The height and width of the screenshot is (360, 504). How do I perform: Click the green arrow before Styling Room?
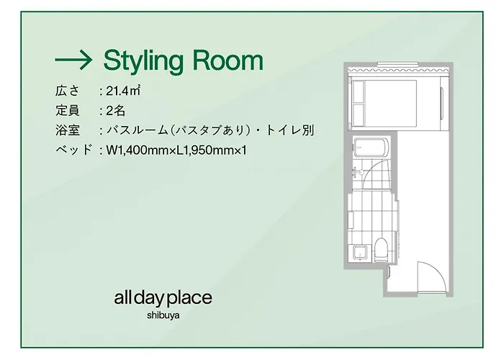coord(73,60)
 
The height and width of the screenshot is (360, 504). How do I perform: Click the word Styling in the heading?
coord(144,61)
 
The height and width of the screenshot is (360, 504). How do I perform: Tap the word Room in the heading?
coord(228,60)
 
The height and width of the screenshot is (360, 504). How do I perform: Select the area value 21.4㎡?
coord(123,91)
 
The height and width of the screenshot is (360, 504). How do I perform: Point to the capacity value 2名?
coord(116,111)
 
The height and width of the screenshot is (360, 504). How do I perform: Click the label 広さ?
coord(67,91)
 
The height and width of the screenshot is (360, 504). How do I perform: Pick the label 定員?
coord(67,111)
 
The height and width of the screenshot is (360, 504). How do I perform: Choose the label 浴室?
coord(67,130)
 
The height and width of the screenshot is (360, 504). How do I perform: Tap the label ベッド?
coord(73,150)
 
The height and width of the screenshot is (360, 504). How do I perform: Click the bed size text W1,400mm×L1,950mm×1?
coord(176,150)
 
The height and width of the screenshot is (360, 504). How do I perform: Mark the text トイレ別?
coord(289,130)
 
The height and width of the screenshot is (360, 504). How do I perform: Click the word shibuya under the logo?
coord(163,315)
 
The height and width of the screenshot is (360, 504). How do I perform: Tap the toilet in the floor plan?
coord(381,249)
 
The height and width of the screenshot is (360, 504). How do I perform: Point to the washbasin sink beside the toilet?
coord(361,252)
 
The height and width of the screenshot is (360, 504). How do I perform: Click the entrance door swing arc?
coord(436,269)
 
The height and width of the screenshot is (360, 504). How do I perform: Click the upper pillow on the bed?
coord(358,92)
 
